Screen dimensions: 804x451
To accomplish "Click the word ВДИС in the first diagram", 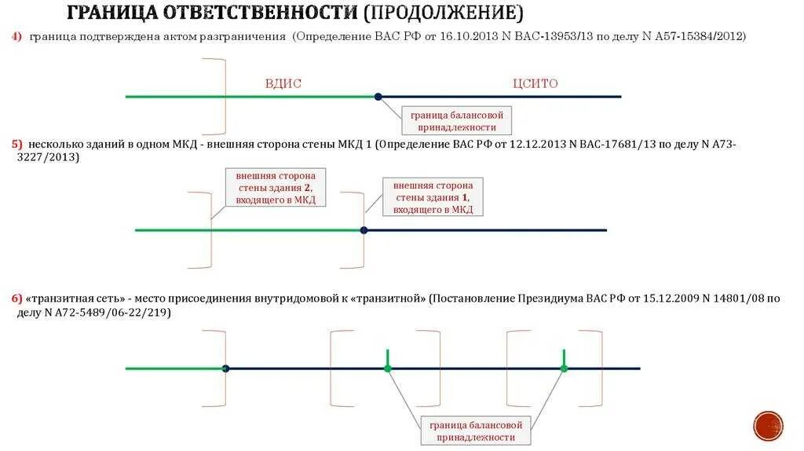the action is (x=283, y=83).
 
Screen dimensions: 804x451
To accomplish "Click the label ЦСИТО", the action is (x=535, y=83).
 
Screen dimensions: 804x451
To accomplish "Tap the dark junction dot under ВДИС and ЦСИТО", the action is (x=378, y=97).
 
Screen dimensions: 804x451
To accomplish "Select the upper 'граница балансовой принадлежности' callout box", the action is (x=457, y=121).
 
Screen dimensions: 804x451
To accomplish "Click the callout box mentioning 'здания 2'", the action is (x=275, y=188).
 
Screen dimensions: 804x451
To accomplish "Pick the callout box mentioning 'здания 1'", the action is (x=433, y=196).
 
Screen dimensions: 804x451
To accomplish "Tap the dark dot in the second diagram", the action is (x=364, y=230).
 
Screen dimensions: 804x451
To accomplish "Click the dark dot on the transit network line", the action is (x=225, y=368).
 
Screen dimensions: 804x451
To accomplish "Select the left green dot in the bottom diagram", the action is (x=387, y=368).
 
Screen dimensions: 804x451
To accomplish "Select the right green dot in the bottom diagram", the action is (x=564, y=368).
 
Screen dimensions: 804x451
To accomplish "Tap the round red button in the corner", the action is (x=768, y=426).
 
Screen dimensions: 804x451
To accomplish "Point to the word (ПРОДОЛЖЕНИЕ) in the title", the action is (x=444, y=13).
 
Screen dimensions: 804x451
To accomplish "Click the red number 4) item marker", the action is (x=16, y=37).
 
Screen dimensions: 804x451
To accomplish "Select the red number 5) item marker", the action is (x=16, y=145).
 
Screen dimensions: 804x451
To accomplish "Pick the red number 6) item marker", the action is (x=16, y=299).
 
